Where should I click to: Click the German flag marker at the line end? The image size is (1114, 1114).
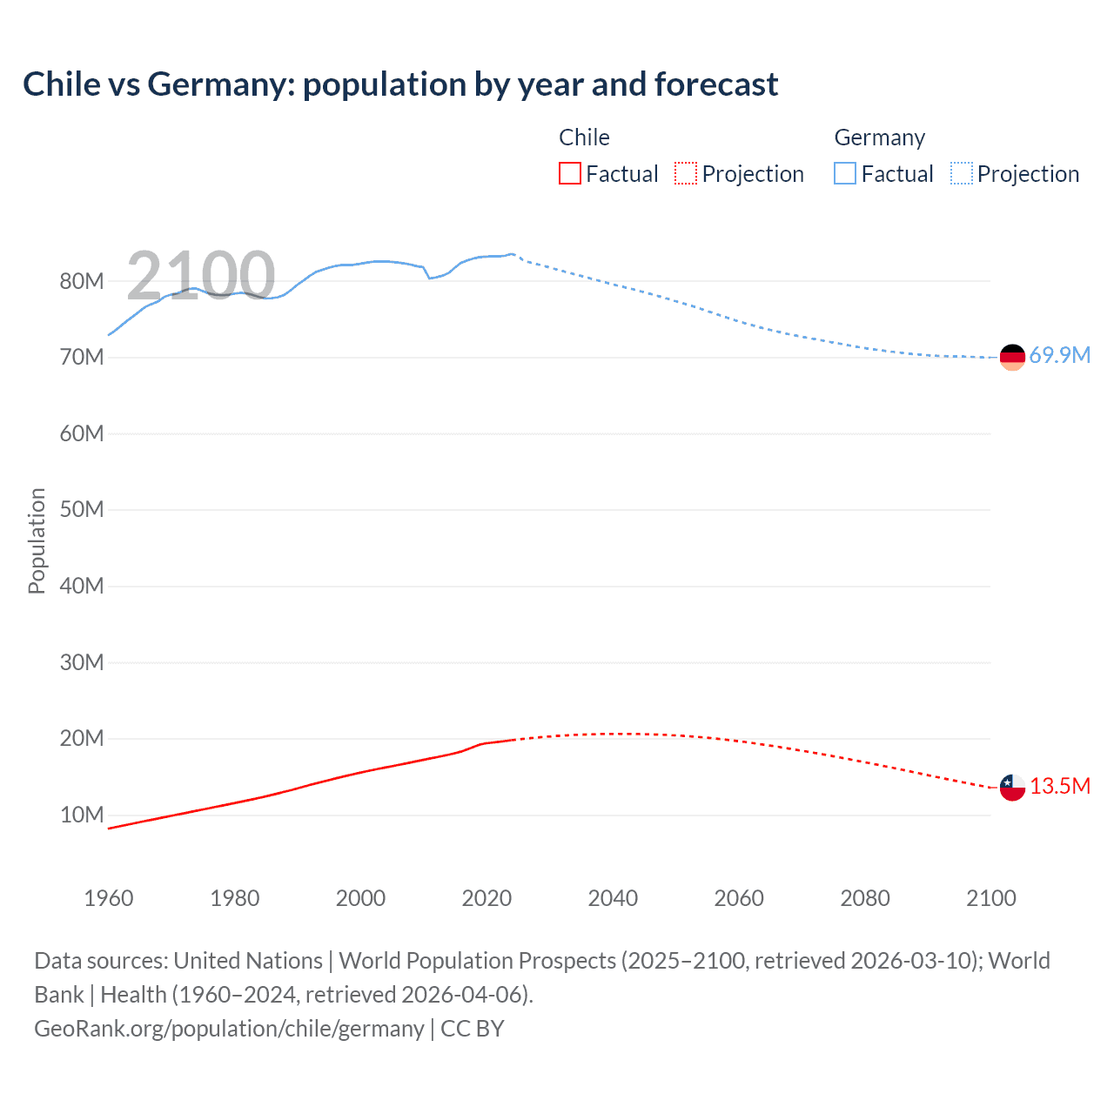point(1012,357)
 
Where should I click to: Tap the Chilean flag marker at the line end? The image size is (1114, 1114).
point(1012,788)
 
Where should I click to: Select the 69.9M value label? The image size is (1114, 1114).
point(1059,355)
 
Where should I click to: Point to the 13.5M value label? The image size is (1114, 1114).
point(1059,786)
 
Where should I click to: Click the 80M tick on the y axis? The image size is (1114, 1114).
point(82,281)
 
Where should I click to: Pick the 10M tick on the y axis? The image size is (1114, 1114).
point(82,815)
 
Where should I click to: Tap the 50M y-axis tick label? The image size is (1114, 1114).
point(82,509)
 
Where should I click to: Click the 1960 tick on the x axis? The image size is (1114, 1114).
point(109,898)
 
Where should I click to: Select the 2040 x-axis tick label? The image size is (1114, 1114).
point(613,898)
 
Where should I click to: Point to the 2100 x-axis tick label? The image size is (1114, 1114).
point(990,898)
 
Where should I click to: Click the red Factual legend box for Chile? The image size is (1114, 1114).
point(570,173)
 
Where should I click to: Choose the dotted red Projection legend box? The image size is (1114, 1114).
point(686,173)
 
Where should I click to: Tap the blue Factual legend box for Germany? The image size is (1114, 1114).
point(845,173)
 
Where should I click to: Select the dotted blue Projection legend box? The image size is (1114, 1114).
point(961,173)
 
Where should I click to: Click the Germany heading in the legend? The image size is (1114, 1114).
point(879,138)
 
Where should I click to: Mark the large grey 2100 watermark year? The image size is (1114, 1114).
point(200,275)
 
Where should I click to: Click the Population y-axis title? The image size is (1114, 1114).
point(37,540)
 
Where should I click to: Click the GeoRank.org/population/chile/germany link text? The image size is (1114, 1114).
point(229,1028)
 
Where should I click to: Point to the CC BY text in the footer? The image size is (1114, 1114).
point(473,1028)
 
